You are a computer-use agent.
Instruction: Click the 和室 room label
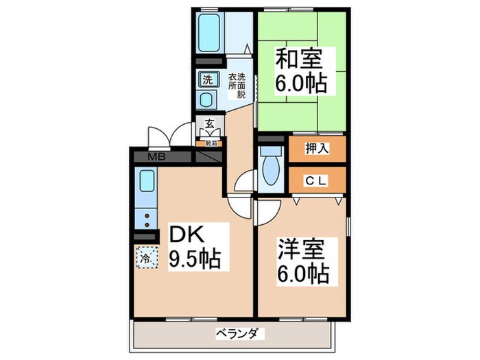point(300,60)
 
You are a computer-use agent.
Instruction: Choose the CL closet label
point(316,181)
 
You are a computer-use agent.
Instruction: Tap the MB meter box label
point(156,157)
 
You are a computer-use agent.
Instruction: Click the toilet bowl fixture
point(271,172)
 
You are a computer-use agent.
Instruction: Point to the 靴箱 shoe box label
point(207,143)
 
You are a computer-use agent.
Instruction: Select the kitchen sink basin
point(147,182)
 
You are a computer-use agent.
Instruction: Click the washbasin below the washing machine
point(207,99)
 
